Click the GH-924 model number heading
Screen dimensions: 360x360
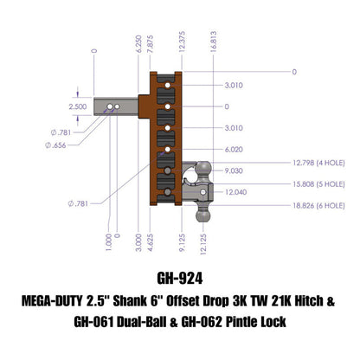point(180,280)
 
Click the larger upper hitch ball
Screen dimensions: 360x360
point(202,168)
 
